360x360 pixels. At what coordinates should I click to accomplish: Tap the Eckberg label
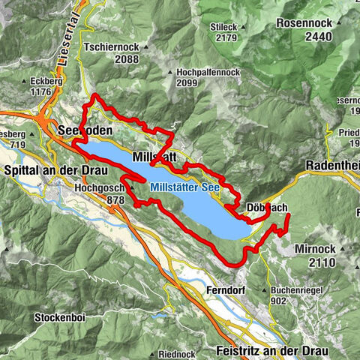(x=28, y=80)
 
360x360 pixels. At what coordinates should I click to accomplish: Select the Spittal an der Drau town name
(x=51, y=169)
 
